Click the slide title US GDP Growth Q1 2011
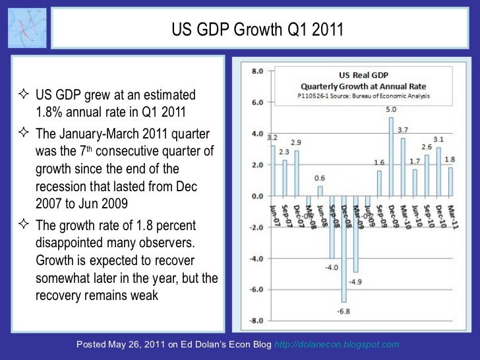(257, 30)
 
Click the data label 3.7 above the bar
(403, 130)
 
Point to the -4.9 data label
(357, 282)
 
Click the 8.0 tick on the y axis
(257, 71)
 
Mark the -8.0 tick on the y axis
(256, 321)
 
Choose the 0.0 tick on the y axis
(257, 196)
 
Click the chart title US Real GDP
(362, 76)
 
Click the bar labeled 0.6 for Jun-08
(320, 191)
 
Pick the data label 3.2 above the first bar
(272, 137)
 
